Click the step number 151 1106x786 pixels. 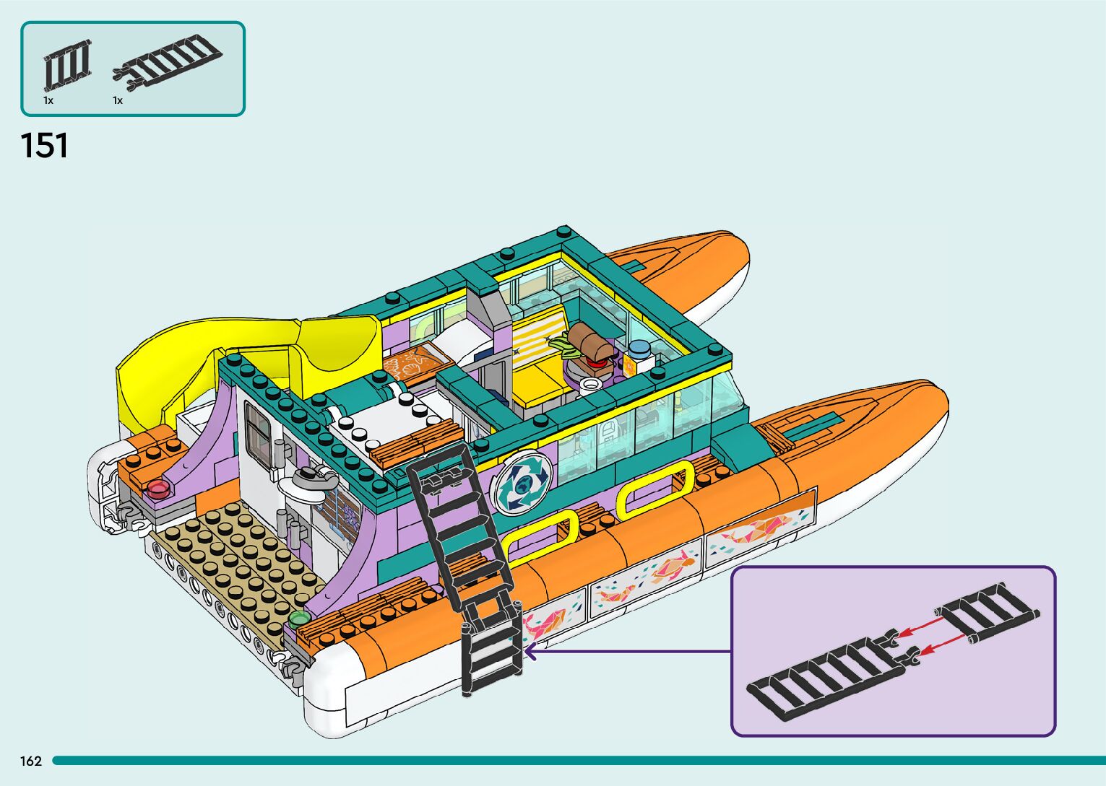(x=45, y=146)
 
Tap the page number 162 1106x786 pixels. (x=31, y=761)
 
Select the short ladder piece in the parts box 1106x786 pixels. (x=67, y=66)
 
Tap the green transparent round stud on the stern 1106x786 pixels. (x=298, y=619)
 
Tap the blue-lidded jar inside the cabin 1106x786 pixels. (x=639, y=351)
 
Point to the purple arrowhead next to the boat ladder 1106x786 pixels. (x=529, y=652)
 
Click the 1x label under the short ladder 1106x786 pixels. (x=48, y=100)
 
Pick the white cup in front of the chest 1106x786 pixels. (x=590, y=383)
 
